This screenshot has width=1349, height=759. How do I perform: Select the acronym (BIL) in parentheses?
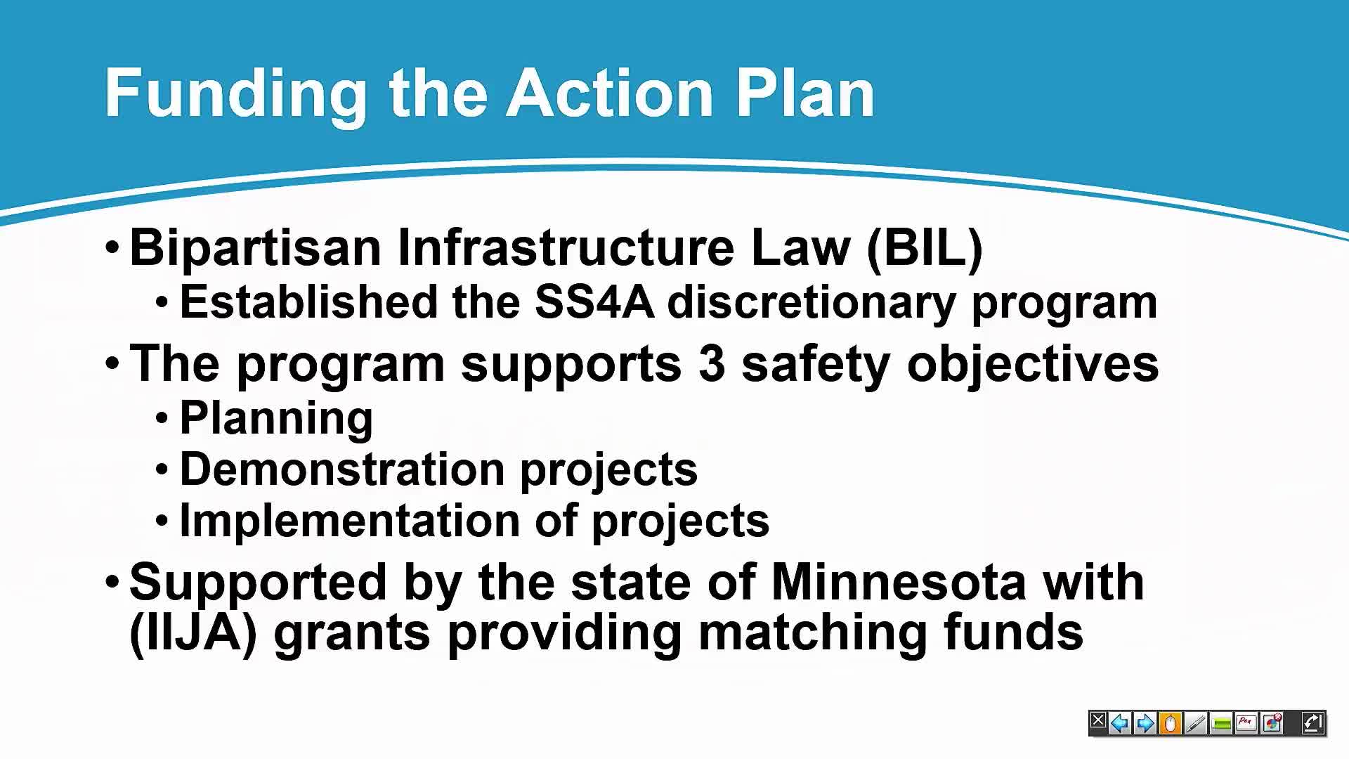point(925,248)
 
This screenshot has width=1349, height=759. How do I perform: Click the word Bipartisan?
point(256,248)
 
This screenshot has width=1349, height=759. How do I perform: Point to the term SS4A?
point(594,302)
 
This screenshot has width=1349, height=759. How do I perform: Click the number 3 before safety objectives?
point(712,364)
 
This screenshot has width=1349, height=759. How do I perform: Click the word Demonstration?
point(342,469)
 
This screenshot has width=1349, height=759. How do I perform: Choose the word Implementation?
point(350,521)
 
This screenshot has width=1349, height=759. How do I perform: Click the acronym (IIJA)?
point(193,633)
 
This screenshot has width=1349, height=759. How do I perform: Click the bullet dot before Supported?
point(112,582)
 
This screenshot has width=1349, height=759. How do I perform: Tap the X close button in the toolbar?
point(1097,722)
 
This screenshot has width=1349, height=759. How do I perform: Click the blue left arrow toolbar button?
point(1120,722)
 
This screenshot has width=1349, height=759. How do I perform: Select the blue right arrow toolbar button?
point(1145,722)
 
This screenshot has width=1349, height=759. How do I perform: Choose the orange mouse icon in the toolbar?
point(1171,722)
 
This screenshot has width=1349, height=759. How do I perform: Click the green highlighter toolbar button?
point(1222,722)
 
